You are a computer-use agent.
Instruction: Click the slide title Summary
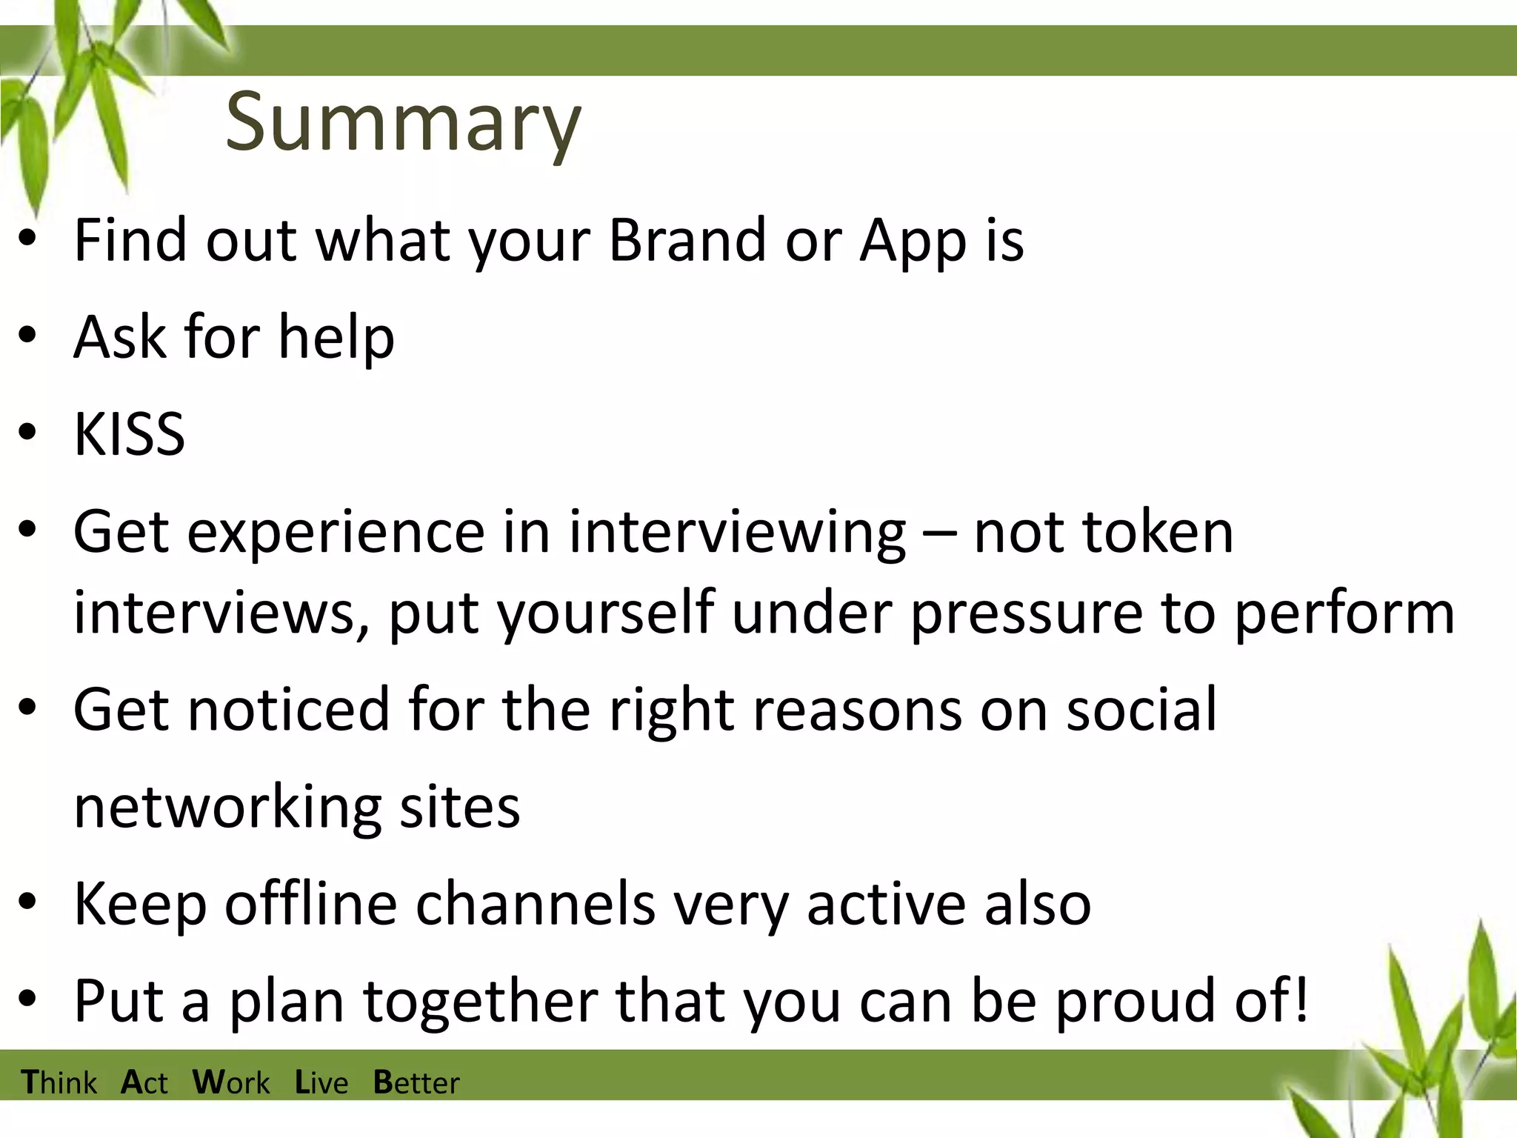pos(404,122)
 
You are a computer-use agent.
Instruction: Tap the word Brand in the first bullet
pos(687,240)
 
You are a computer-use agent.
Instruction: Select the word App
pos(913,242)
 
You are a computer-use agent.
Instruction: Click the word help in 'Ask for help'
pos(336,338)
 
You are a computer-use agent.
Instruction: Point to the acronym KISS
pos(130,434)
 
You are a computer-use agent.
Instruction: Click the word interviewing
pos(737,533)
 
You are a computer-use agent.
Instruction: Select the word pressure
pos(1026,613)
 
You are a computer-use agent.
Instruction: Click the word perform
pos(1344,614)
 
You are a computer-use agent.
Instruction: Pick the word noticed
pos(289,710)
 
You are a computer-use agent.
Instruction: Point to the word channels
pos(536,903)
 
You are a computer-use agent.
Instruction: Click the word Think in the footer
pos(59,1082)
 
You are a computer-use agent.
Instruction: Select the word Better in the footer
pos(416,1082)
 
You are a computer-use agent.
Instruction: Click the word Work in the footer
pos(231,1082)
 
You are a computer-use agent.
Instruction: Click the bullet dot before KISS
pos(28,433)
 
